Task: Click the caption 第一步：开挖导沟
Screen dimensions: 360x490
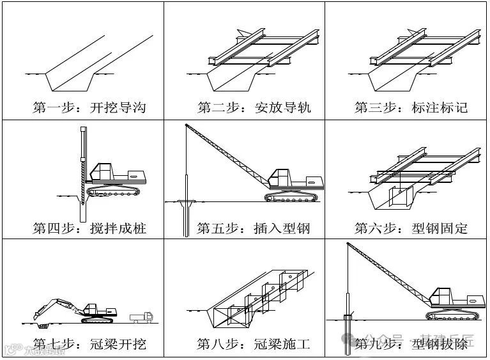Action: point(89,107)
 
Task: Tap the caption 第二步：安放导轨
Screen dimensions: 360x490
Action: point(254,107)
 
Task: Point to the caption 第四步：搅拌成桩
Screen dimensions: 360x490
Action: point(89,228)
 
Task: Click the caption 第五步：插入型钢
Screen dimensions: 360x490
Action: point(254,228)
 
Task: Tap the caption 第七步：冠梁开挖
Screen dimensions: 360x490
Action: point(89,345)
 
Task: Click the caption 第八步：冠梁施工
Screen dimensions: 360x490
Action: point(254,345)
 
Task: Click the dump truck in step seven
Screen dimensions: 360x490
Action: point(141,316)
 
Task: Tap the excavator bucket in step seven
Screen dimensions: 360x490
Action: point(39,313)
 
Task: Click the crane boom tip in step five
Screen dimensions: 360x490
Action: point(186,126)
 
